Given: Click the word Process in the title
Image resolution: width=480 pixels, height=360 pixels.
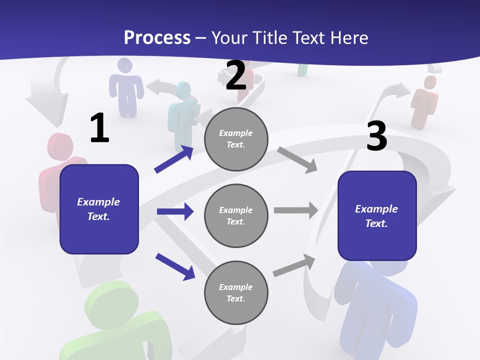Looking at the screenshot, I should [x=157, y=37].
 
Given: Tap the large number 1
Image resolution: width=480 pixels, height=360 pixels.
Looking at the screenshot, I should [x=99, y=128].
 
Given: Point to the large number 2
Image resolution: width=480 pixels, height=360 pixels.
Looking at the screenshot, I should [x=236, y=75].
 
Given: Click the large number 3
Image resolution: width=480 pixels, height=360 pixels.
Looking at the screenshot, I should [x=376, y=136].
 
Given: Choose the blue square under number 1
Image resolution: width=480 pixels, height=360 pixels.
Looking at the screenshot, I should [x=99, y=209].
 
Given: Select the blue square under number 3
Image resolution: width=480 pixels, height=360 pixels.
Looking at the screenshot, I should [x=377, y=215].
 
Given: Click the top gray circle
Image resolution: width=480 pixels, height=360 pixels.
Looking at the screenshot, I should [x=236, y=139].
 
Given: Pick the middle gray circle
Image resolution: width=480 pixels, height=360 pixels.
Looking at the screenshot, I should [x=236, y=215].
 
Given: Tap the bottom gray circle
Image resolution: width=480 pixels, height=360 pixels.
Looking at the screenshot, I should [x=236, y=292].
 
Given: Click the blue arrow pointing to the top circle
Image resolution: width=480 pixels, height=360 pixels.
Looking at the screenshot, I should [x=174, y=159].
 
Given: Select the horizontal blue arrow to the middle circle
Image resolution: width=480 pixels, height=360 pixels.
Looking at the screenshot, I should [x=175, y=211].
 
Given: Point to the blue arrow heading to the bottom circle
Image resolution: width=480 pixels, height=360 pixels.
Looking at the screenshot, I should [x=175, y=266].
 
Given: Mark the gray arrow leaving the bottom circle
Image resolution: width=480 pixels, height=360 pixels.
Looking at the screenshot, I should [x=294, y=265].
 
